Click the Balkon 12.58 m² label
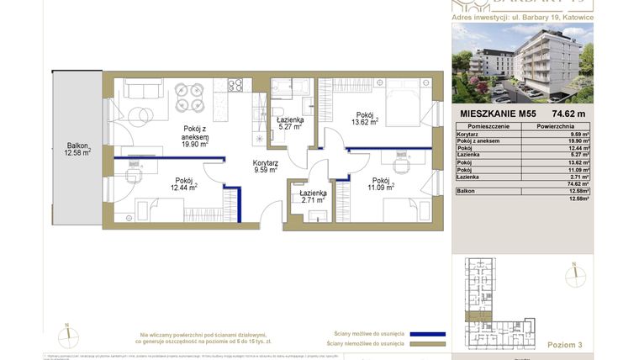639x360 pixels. [x=76, y=148]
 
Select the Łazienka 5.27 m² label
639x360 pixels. [x=289, y=124]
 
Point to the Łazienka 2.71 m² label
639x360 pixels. [x=313, y=198]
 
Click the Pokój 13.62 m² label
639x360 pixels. [x=366, y=119]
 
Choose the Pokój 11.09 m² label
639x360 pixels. [x=380, y=185]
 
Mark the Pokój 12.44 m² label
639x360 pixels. [x=184, y=184]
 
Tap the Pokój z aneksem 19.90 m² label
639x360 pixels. [x=195, y=135]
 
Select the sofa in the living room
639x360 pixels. [x=143, y=87]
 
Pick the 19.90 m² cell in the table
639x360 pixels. [x=579, y=140]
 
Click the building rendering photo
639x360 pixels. [x=522, y=63]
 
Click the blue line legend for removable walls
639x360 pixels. [x=426, y=333]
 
